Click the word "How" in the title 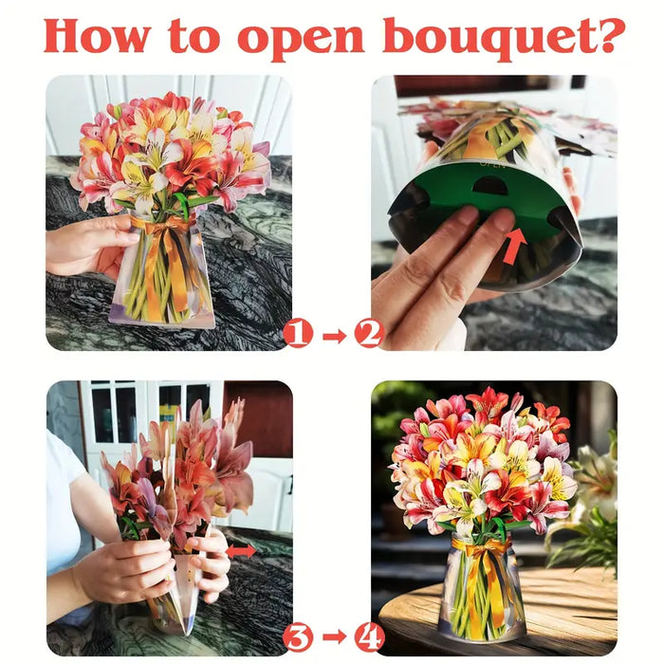click(x=97, y=36)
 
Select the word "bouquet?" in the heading click(x=504, y=38)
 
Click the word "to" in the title click(x=194, y=37)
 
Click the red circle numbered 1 click(x=298, y=334)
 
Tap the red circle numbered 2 click(x=369, y=334)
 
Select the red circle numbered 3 click(x=298, y=637)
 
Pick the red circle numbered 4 click(x=369, y=637)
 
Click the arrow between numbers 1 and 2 click(x=334, y=336)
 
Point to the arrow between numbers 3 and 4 click(x=334, y=636)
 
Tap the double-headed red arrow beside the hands click(x=241, y=551)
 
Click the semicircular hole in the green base click(x=489, y=186)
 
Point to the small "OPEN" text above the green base click(x=492, y=164)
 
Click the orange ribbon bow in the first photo click(x=163, y=226)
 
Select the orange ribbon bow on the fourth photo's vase click(x=482, y=548)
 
